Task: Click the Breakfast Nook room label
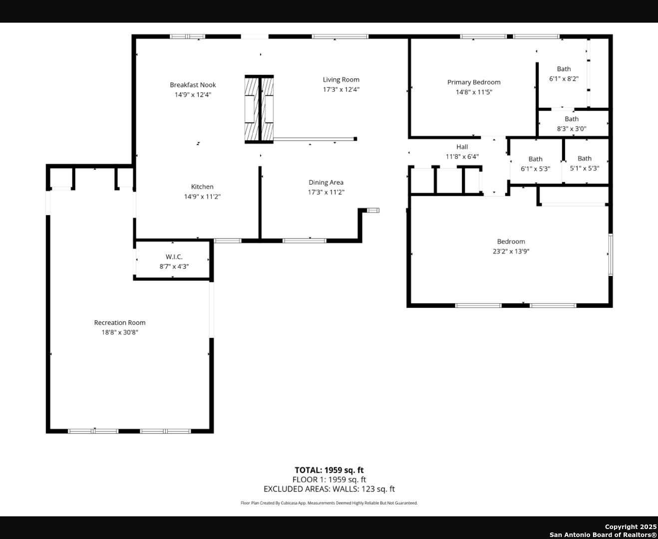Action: (193, 85)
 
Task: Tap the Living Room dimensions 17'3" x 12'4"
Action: (341, 89)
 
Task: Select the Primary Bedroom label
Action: (474, 82)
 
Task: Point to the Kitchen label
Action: (202, 187)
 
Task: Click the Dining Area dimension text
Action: (326, 192)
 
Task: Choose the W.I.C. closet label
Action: (174, 257)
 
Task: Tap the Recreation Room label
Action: (120, 322)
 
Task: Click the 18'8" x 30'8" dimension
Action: (120, 332)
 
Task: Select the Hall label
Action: (462, 147)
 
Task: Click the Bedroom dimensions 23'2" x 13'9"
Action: (511, 251)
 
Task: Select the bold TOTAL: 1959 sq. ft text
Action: (329, 470)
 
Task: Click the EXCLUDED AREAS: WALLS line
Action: (329, 489)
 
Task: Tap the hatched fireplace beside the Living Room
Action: (259, 109)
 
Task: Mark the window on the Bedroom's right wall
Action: (611, 255)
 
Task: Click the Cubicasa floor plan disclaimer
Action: (329, 503)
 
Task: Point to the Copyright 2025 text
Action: (631, 527)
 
